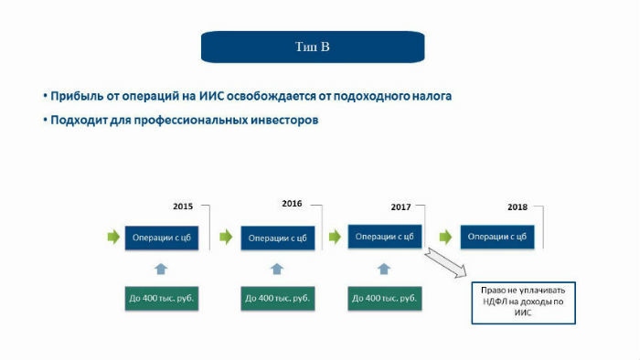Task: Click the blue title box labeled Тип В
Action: point(313,47)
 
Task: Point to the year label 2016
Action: point(292,203)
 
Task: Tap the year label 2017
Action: point(400,207)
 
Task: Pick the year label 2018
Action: point(517,207)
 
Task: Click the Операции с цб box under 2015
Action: point(160,238)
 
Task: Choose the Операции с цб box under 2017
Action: point(384,237)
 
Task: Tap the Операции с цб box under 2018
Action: point(497,238)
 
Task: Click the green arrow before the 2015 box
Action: point(113,238)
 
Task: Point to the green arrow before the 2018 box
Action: point(445,238)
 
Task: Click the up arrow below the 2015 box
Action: point(161,269)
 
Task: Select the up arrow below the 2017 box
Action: point(384,269)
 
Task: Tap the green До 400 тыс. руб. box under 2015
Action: point(162,299)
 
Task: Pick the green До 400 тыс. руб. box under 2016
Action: point(277,299)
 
